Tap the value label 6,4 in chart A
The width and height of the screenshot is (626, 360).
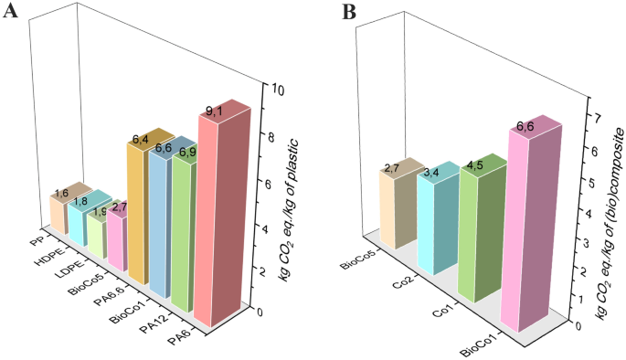point(140,140)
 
